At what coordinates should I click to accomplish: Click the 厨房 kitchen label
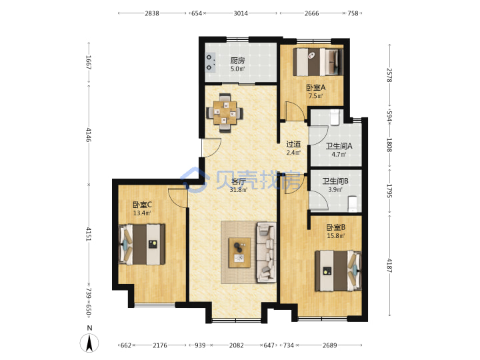[x=237, y=60]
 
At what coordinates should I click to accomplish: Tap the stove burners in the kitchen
[x=209, y=62]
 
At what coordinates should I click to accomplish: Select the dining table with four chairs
[x=225, y=113]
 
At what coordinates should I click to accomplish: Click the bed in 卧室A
[x=317, y=61]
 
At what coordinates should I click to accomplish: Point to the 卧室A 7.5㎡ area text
[x=316, y=96]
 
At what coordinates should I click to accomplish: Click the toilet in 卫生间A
[x=334, y=117]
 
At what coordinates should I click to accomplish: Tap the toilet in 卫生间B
[x=353, y=203]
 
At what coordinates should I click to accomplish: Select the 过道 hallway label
[x=293, y=144]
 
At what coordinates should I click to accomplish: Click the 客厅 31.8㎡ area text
[x=239, y=190]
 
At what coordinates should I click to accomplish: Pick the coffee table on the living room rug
[x=239, y=253]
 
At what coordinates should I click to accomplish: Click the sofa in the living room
[x=266, y=252]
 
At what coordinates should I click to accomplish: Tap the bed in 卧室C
[x=142, y=244]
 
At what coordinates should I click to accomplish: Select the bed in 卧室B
[x=338, y=271]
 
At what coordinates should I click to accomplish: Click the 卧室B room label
[x=336, y=227]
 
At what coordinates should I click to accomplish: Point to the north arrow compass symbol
[x=89, y=343]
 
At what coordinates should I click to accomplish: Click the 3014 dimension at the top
[x=241, y=13]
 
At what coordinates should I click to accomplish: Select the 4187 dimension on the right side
[x=389, y=265]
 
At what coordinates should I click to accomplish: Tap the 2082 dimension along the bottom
[x=236, y=345]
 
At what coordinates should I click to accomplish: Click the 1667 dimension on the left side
[x=89, y=63]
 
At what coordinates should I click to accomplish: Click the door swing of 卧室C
[x=177, y=199]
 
